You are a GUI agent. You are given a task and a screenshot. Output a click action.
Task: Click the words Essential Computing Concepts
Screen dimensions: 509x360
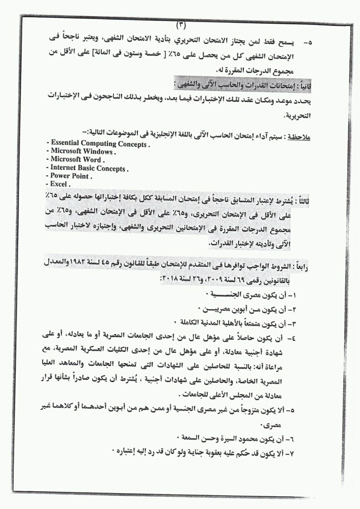(x=98, y=144)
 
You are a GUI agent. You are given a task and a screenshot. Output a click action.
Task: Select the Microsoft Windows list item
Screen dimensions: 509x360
(x=83, y=152)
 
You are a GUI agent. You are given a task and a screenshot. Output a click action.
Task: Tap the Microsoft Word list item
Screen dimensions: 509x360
(x=77, y=160)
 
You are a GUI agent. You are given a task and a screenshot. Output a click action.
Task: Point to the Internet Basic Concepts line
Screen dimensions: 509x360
(x=89, y=168)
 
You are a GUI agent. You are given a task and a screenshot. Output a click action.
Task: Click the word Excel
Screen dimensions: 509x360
(x=60, y=184)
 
